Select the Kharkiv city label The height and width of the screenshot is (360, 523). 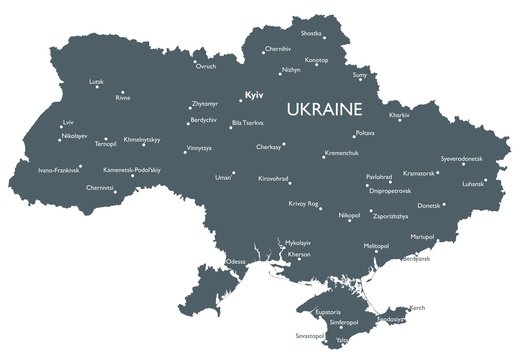tap(399, 116)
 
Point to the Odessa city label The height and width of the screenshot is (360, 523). tap(237, 262)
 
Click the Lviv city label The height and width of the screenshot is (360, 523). tap(68, 123)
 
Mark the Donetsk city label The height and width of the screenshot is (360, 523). tap(428, 206)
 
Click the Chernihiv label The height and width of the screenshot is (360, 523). tap(279, 48)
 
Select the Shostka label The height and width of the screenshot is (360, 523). tap(340, 33)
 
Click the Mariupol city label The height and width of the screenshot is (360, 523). tap(424, 236)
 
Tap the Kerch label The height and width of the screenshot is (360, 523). tap(419, 307)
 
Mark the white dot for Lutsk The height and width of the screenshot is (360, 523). tap(98, 87)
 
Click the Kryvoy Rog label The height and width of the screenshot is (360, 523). tap(304, 203)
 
